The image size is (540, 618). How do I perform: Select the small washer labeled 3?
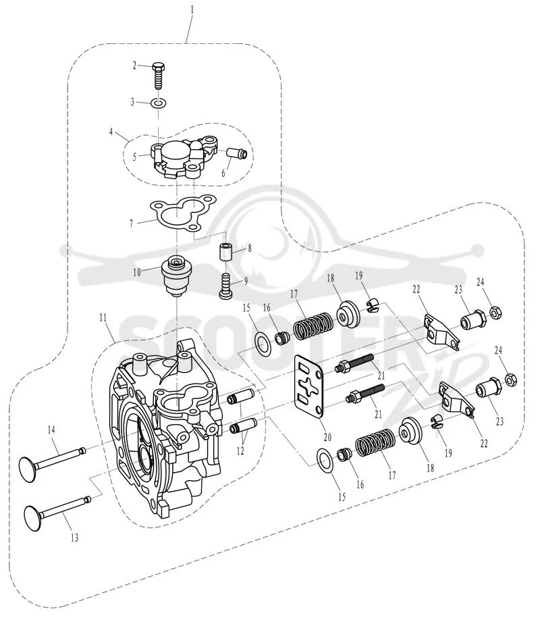pos(159,103)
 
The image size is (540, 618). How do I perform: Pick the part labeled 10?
pos(176,276)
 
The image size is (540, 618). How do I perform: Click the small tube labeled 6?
pos(238,154)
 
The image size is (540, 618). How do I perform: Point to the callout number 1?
pos(192,9)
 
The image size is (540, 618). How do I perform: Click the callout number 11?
pos(103,317)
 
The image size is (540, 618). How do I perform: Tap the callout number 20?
pos(327,437)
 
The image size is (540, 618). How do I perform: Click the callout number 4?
pos(111,132)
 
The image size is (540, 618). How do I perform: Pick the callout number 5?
pos(135,157)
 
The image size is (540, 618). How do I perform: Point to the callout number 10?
pos(136,272)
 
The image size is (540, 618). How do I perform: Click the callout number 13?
pos(74,538)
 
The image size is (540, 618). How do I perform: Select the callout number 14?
pos(51,430)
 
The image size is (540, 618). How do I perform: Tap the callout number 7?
pos(132,224)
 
